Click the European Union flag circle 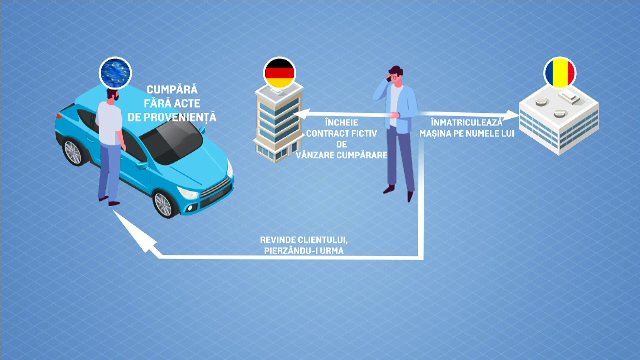point(117,73)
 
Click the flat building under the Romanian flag point(560,120)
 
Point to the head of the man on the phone point(396,75)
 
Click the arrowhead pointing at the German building point(303,115)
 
